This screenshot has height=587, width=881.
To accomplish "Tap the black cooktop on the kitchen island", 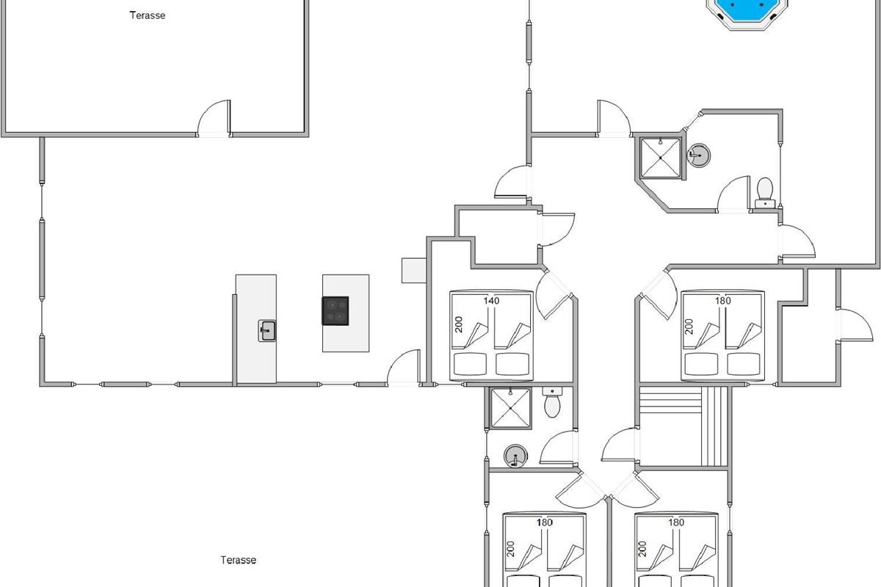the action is [x=335, y=311].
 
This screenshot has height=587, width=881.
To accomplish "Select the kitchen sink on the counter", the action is [x=267, y=331].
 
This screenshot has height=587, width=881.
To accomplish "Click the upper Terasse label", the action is [x=148, y=15].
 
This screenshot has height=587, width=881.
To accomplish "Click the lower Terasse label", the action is [x=239, y=560].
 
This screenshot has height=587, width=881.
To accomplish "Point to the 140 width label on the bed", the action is [x=491, y=301].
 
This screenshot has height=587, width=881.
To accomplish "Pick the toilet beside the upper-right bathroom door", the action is [x=765, y=193].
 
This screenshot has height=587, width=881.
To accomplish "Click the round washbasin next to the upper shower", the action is [x=698, y=156].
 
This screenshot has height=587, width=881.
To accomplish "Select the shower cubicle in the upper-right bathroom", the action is [x=660, y=157].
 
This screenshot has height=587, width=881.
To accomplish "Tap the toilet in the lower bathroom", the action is [x=552, y=402].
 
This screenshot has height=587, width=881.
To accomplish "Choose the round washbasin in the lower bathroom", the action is [x=515, y=456].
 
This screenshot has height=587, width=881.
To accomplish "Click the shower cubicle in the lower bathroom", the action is [x=510, y=408].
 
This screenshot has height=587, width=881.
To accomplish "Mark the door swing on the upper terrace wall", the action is [x=214, y=117].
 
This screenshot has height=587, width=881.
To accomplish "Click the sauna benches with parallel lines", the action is [x=684, y=426].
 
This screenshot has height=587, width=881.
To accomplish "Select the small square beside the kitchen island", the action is [x=414, y=271].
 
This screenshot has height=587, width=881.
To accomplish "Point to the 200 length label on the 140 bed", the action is [x=459, y=324].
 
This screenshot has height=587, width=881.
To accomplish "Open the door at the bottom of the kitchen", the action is [x=404, y=368].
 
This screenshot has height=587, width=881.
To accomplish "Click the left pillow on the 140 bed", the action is [x=470, y=364].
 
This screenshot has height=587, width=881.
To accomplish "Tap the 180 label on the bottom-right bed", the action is [x=676, y=522].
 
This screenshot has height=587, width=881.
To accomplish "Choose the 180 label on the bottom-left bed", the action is [x=545, y=522].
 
